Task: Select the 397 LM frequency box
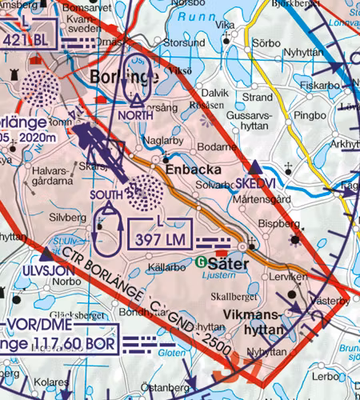pos(161,231)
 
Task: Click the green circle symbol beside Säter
pos(200,262)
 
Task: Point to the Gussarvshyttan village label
pos(250,121)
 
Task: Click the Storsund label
pos(183,42)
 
